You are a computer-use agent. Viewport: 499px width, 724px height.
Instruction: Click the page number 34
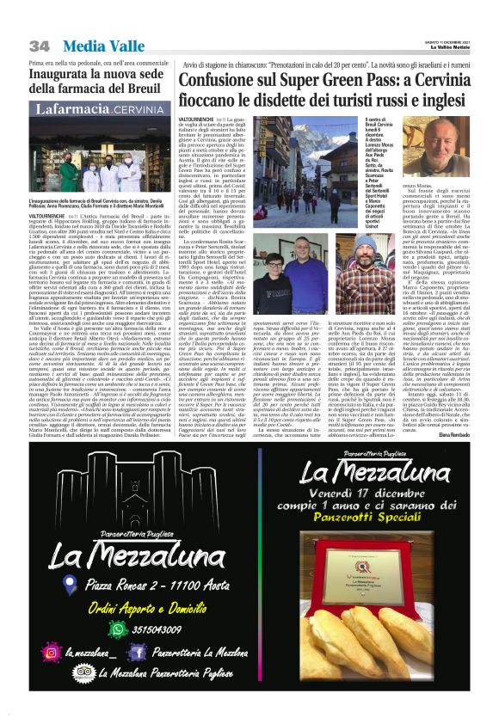tap(40, 45)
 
